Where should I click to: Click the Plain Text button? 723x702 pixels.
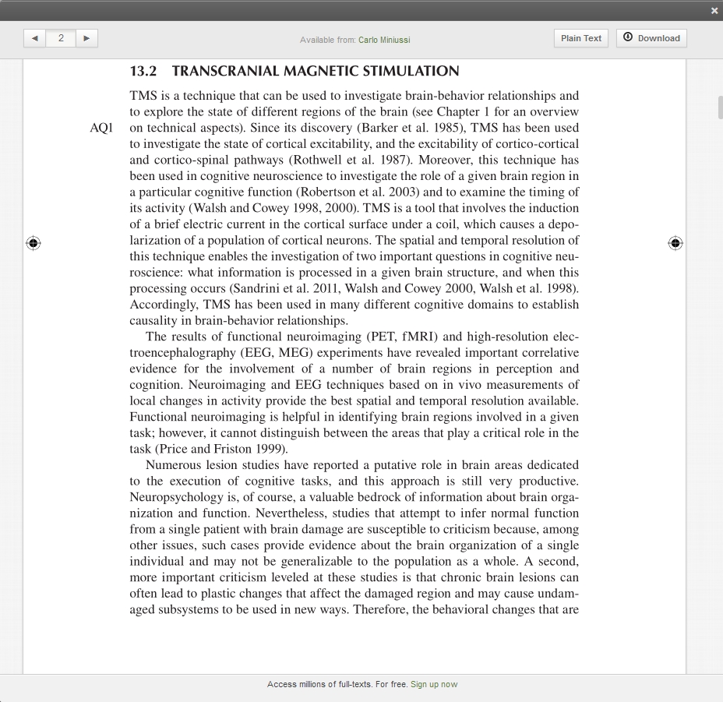coord(581,38)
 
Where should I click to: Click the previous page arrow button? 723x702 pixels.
coord(34,38)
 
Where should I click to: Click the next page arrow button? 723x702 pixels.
coord(86,38)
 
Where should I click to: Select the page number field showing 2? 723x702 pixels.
coord(61,38)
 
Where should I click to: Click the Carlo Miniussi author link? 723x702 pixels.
coord(384,40)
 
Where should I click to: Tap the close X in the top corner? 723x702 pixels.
coord(714,11)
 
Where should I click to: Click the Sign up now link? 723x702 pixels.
coord(434,684)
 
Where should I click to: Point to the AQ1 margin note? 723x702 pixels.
coord(101,128)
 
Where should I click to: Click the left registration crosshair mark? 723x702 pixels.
coord(33,243)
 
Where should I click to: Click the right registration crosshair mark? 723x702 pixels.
coord(675,243)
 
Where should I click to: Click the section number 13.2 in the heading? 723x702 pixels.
coord(143,72)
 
